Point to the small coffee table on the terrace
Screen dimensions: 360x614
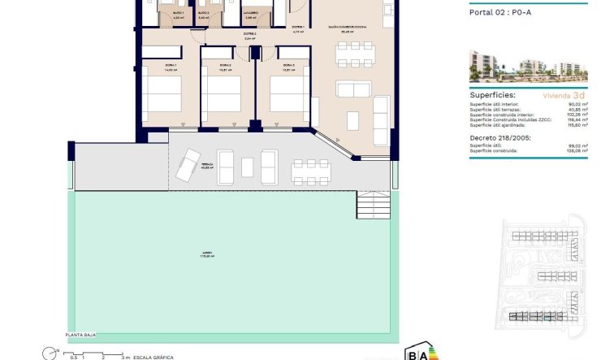click(x=248, y=167)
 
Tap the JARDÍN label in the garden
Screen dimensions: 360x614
click(x=209, y=254)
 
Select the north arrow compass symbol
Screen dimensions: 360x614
click(x=50, y=353)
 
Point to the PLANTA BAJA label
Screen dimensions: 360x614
click(x=85, y=335)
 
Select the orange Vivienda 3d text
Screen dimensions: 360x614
click(x=561, y=95)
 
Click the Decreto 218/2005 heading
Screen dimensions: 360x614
click(x=499, y=137)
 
